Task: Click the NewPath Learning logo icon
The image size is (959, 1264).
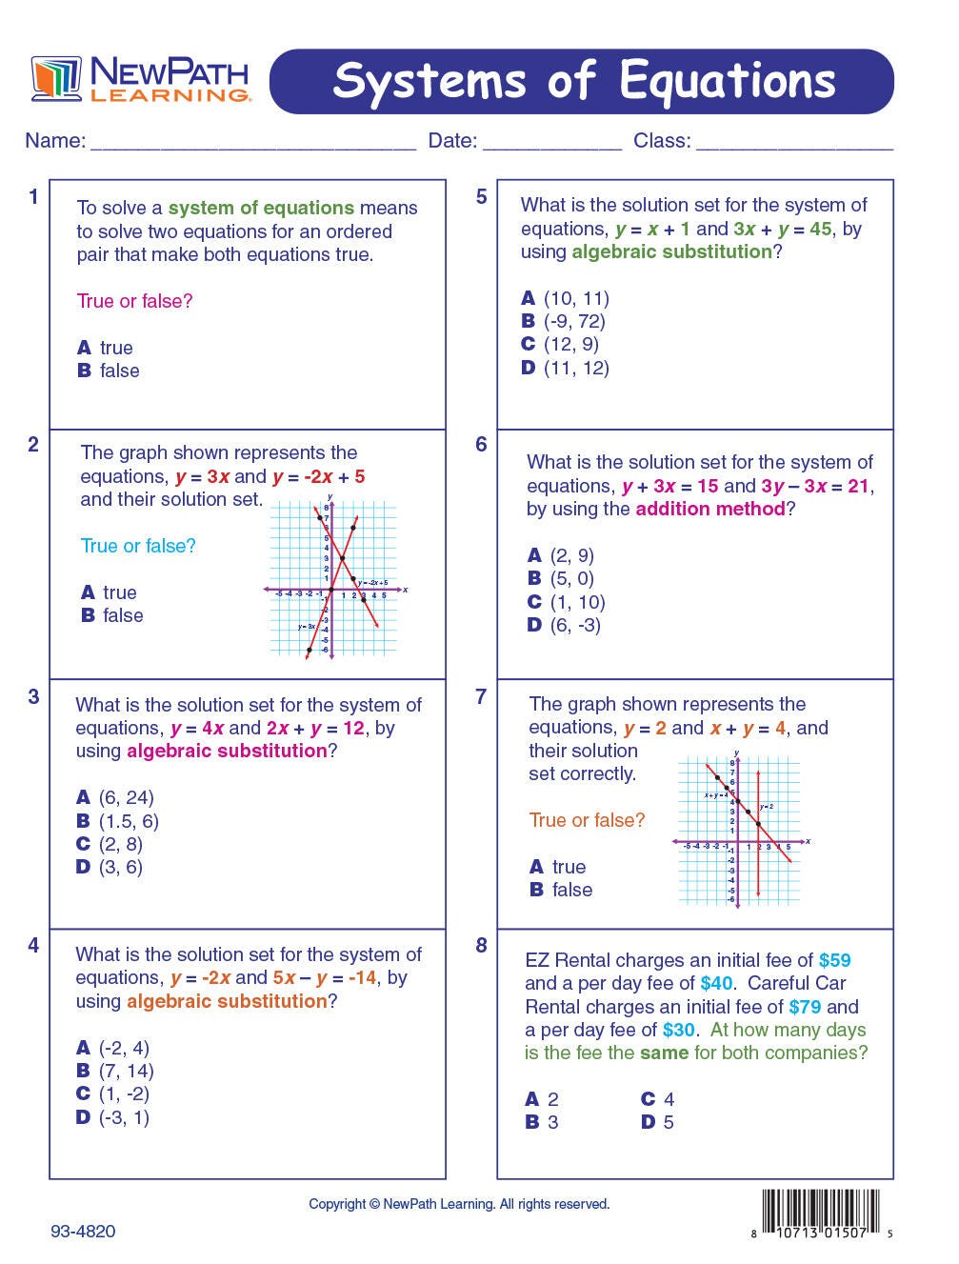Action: [x=56, y=78]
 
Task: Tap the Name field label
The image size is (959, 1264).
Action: [x=54, y=141]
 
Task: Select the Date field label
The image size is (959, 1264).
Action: [x=452, y=141]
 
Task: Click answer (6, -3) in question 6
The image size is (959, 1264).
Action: [x=575, y=625]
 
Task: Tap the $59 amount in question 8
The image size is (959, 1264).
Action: [x=834, y=960]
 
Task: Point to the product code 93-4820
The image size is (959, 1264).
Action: [x=83, y=1232]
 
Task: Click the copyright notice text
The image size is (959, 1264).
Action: [x=459, y=1204]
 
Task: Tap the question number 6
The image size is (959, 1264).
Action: [x=481, y=445]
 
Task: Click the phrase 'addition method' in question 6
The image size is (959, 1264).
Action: [x=710, y=509]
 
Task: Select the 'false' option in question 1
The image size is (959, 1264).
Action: [x=119, y=371]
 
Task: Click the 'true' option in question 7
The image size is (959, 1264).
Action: [x=569, y=867]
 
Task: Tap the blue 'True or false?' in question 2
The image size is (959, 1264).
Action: [x=138, y=546]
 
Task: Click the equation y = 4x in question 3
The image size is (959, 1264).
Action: [x=200, y=728]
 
